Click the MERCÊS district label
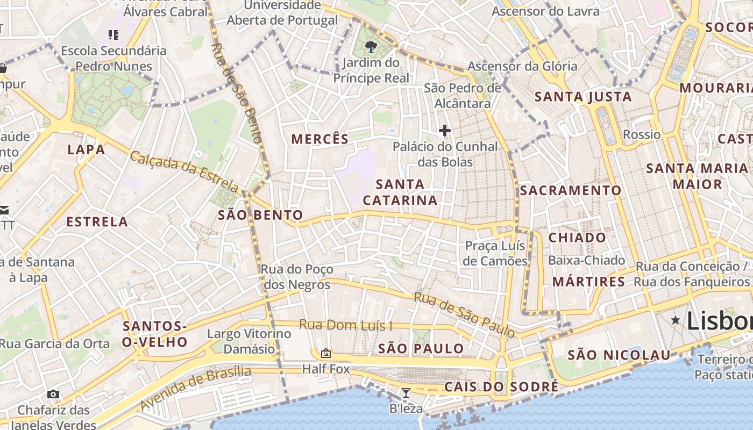[x=320, y=139]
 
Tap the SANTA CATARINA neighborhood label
[x=400, y=192]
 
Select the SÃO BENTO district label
[x=260, y=216]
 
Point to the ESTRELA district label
[x=97, y=222]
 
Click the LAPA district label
[x=86, y=150]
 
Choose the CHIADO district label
[x=577, y=238]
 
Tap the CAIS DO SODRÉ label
[x=501, y=387]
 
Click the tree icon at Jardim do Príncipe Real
[x=371, y=46]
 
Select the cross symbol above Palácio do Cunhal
[x=445, y=130]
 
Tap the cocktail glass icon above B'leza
[x=406, y=393]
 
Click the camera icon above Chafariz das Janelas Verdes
[x=53, y=394]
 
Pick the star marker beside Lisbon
[x=676, y=320]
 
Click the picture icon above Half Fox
[x=325, y=353]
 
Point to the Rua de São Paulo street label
[x=464, y=315]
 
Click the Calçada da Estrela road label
[x=184, y=172]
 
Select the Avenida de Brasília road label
[x=195, y=388]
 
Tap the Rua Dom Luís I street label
[x=345, y=325]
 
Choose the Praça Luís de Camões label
[x=495, y=254]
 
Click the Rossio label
[x=642, y=134]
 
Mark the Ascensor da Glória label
[x=522, y=67]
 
